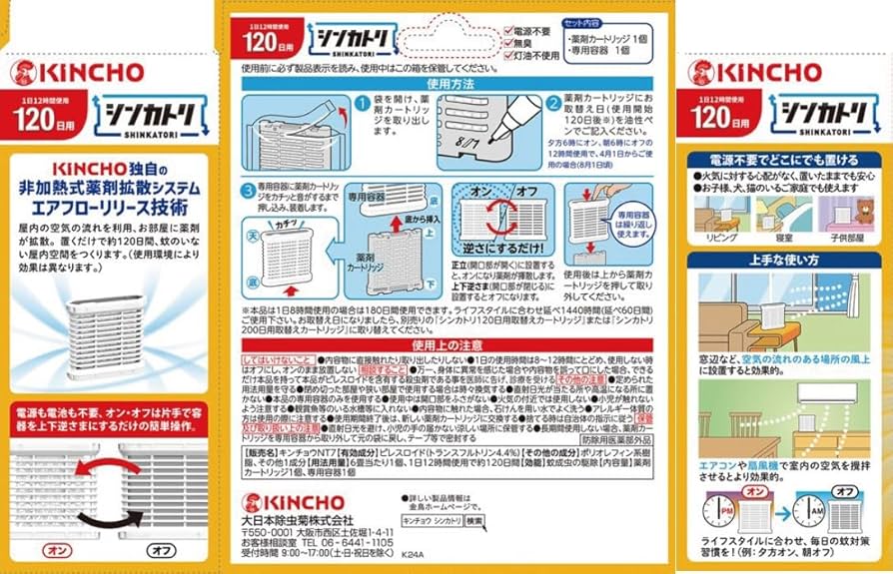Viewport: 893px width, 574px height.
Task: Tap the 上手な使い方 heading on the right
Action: click(784, 260)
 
